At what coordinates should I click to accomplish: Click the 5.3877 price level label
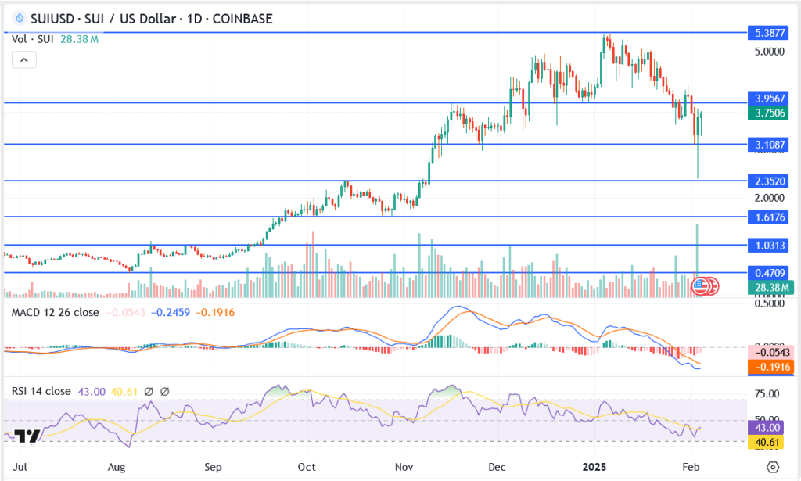(x=767, y=34)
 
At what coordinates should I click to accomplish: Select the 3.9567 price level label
(x=767, y=99)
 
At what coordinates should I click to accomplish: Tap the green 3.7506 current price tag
(x=767, y=113)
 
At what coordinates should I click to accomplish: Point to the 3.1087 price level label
(x=767, y=145)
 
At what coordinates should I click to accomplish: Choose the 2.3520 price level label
(x=767, y=181)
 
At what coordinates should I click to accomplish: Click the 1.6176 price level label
(x=767, y=217)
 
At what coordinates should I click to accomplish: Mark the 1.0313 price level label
(x=767, y=246)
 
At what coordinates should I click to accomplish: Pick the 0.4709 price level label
(x=767, y=273)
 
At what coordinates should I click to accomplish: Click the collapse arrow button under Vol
(x=23, y=59)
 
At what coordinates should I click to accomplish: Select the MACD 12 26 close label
(x=54, y=313)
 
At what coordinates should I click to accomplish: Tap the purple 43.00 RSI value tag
(x=767, y=428)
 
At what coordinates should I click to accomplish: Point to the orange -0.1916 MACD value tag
(x=767, y=367)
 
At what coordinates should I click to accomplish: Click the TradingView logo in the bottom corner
(x=27, y=436)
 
